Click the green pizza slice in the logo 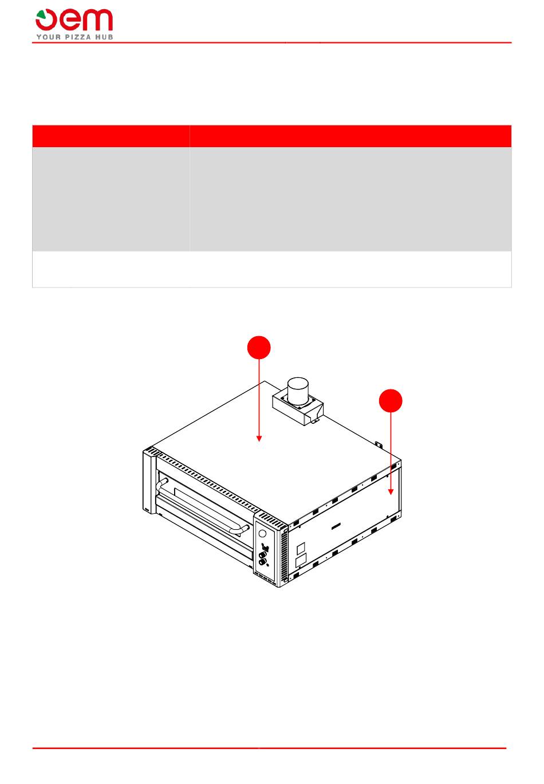pyautogui.click(x=41, y=13)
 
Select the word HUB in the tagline pyautogui.click(x=105, y=37)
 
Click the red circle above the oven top pyautogui.click(x=259, y=348)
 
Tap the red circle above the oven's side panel pyautogui.click(x=391, y=401)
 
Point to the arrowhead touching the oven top pyautogui.click(x=259, y=439)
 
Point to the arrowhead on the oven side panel pyautogui.click(x=391, y=493)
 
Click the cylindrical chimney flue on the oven pyautogui.click(x=298, y=390)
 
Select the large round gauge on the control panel pyautogui.click(x=262, y=534)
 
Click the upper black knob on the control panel pyautogui.click(x=262, y=555)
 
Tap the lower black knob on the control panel pyautogui.click(x=262, y=562)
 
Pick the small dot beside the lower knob pyautogui.click(x=267, y=564)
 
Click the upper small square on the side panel pyautogui.click(x=301, y=549)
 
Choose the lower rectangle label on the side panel pyautogui.click(x=301, y=560)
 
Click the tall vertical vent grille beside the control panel pyautogui.click(x=284, y=553)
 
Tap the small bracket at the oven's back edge pyautogui.click(x=379, y=444)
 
